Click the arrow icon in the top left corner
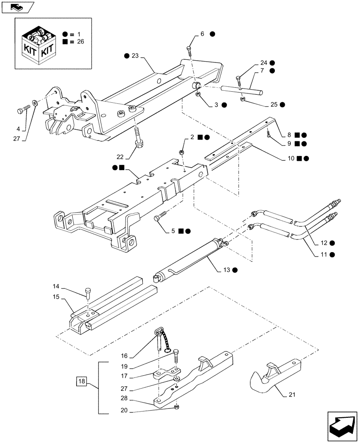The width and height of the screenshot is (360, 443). click(x=18, y=6)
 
